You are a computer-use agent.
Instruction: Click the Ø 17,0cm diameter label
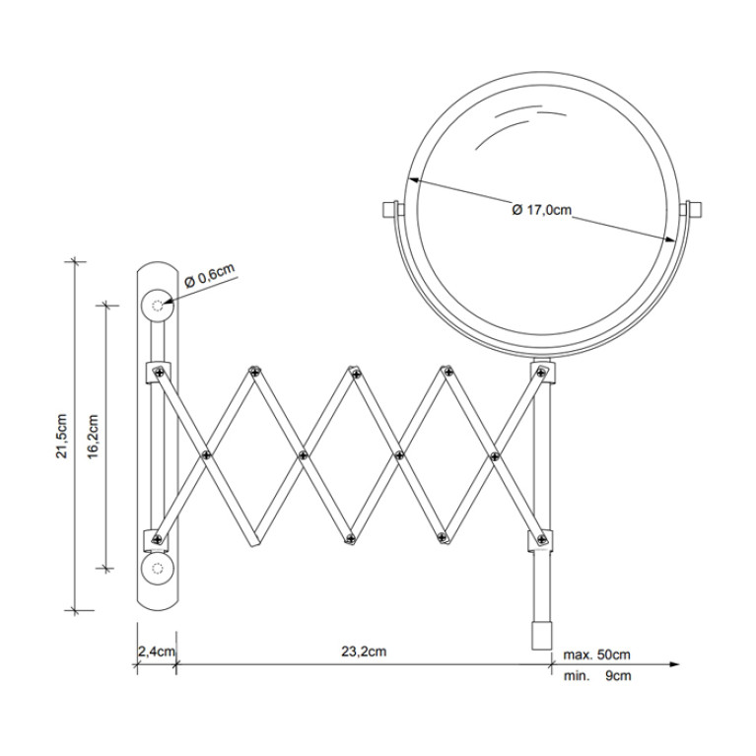pyautogui.click(x=541, y=210)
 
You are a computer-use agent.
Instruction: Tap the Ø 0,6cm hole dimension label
pyautogui.click(x=210, y=275)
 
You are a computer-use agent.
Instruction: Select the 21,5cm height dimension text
pyautogui.click(x=62, y=436)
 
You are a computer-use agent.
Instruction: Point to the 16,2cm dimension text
pyautogui.click(x=93, y=437)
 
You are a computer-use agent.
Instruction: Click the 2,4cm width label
pyautogui.click(x=157, y=652)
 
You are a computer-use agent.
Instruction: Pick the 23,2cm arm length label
pyautogui.click(x=364, y=652)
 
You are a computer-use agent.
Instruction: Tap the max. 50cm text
pyautogui.click(x=597, y=654)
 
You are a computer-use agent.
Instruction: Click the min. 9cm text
pyautogui.click(x=597, y=676)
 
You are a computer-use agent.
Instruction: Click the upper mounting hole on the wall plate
pyautogui.click(x=157, y=306)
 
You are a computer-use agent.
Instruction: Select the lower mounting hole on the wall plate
pyautogui.click(x=157, y=569)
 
